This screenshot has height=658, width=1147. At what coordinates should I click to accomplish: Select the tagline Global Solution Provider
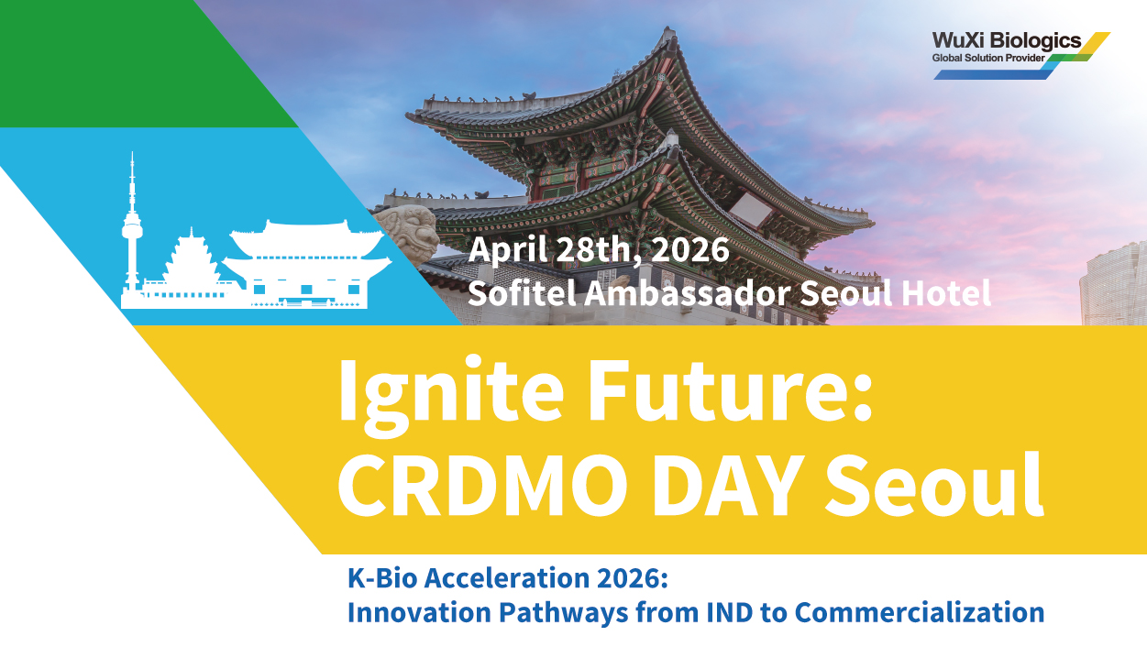pyautogui.click(x=988, y=58)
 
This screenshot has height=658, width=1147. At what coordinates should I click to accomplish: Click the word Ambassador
pyautogui.click(x=687, y=293)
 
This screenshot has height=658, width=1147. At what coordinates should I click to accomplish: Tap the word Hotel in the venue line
pyautogui.click(x=946, y=293)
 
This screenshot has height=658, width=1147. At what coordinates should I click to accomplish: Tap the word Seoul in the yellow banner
pyautogui.click(x=934, y=484)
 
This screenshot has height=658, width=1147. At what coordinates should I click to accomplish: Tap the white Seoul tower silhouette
pyautogui.click(x=132, y=225)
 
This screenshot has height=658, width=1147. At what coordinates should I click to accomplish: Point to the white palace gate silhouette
pyautogui.click(x=306, y=265)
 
